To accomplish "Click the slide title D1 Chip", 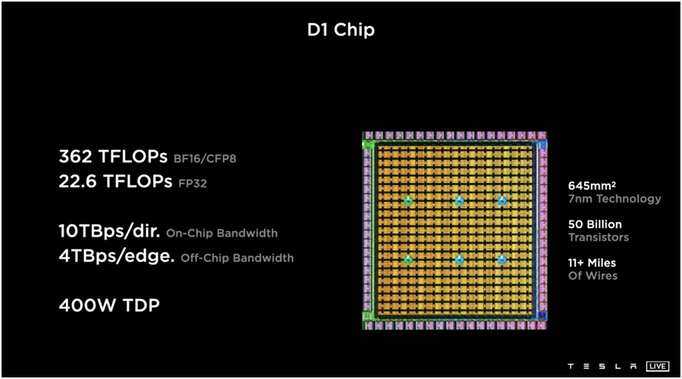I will point(341,31).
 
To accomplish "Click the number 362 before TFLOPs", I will point(75,156).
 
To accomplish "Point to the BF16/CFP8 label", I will point(205,159).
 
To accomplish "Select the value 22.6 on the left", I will point(77,181).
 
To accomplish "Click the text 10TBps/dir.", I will point(109,231).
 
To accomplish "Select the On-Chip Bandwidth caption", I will point(222,233).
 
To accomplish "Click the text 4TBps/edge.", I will point(116,256).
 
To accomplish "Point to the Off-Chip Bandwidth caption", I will point(237,257).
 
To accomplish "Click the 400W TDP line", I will point(109,305).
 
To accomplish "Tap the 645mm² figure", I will point(592,186).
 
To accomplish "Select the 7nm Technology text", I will point(615,199).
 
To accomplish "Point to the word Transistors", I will point(598,237).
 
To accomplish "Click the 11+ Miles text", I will point(592,263).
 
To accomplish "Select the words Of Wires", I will point(593,275).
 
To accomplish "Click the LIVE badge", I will point(658,366).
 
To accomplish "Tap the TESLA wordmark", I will point(602,366).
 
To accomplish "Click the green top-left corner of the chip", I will point(367,144).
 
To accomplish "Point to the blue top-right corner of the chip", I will point(542,145).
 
